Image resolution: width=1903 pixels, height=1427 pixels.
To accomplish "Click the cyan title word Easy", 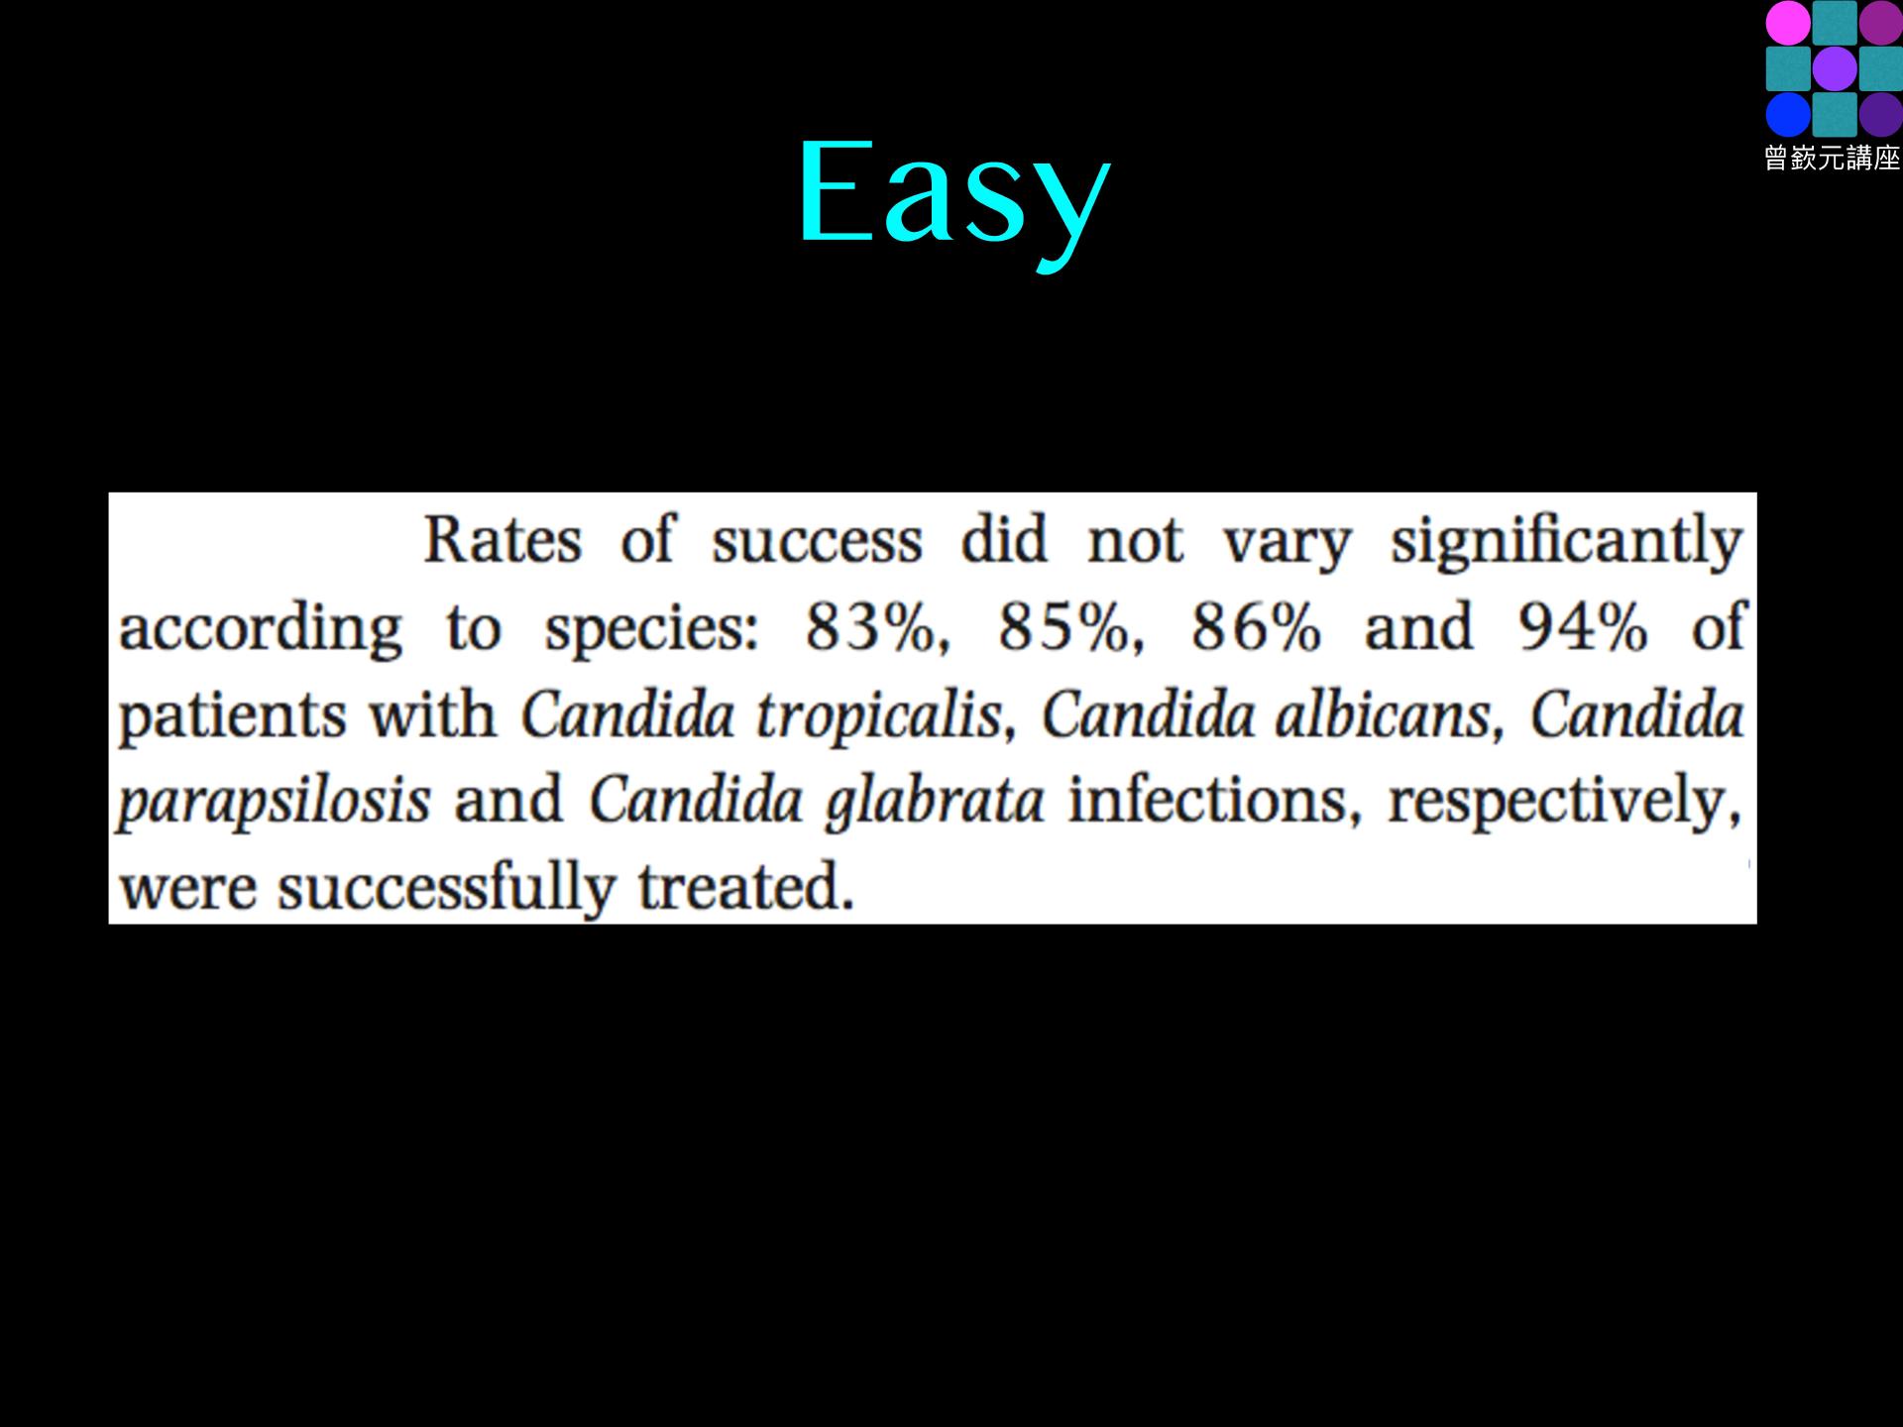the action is (x=953, y=198).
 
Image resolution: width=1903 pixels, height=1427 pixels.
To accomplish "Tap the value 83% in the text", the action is (x=871, y=628).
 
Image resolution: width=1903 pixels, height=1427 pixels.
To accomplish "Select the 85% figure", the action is (x=1064, y=628).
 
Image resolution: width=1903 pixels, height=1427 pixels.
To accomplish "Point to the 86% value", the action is (x=1257, y=628).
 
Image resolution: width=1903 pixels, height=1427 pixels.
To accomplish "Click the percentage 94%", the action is (x=1583, y=628).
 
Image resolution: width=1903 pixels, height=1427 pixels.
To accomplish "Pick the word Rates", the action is (x=503, y=541).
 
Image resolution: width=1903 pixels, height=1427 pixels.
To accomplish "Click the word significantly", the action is (x=1566, y=543).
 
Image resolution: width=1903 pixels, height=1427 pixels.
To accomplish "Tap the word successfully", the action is (x=447, y=889).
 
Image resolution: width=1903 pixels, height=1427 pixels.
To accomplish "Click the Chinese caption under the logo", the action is (x=1833, y=159).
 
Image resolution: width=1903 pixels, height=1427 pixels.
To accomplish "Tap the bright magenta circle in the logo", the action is (x=1788, y=22).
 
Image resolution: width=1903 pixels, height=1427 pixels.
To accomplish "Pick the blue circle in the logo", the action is (x=1788, y=115).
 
